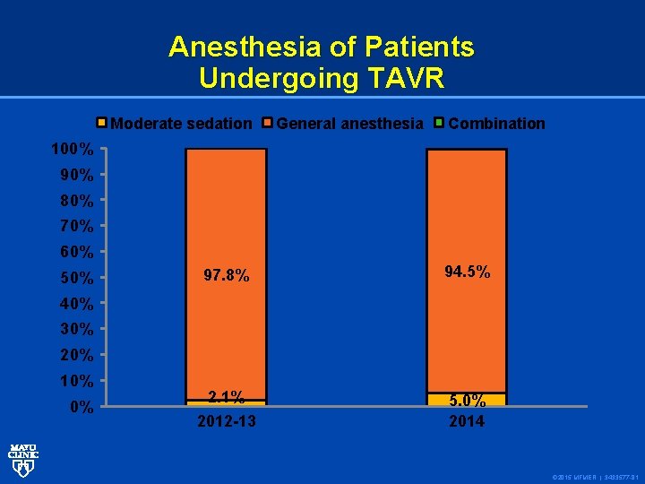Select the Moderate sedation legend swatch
click(x=102, y=123)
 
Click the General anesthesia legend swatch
click(x=267, y=123)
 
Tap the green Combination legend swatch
click(x=439, y=123)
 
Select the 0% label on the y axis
click(x=81, y=408)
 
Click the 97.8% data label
click(x=226, y=276)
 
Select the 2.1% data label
click(x=226, y=398)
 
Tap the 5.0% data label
click(x=467, y=401)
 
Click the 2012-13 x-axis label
click(x=226, y=421)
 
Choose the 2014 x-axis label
click(x=467, y=421)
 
